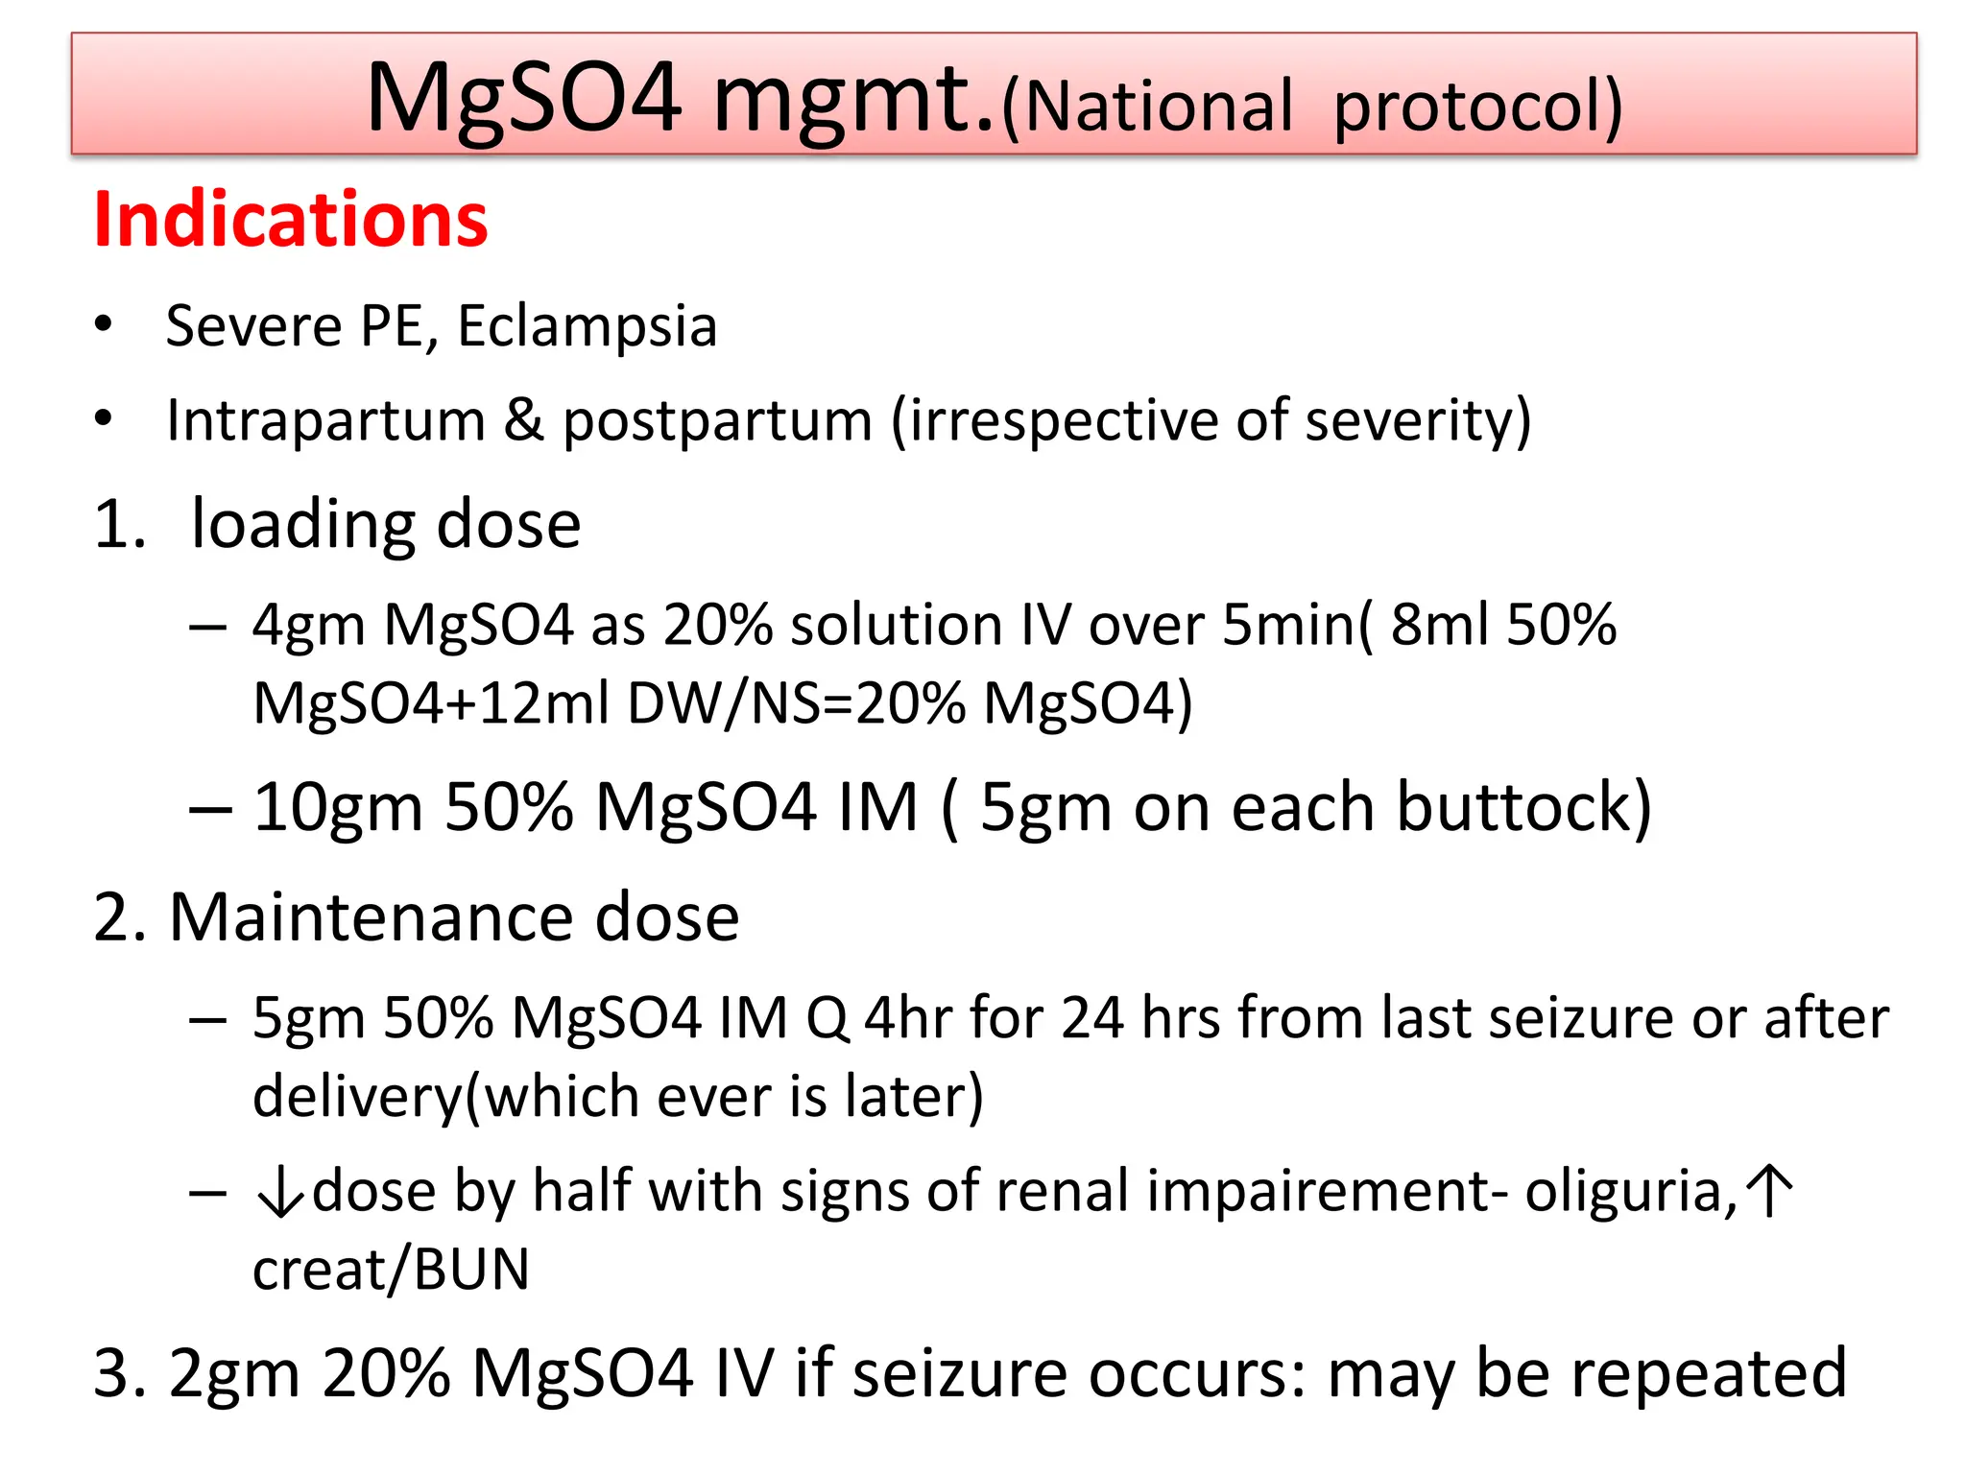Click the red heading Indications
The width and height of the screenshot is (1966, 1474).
(x=291, y=221)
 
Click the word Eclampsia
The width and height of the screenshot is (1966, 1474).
(x=587, y=326)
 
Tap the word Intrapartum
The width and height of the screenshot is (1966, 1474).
(x=325, y=420)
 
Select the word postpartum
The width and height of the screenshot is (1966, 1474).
(x=717, y=422)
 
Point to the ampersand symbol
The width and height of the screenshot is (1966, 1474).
(x=524, y=420)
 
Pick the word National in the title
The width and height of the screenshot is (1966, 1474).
(x=1148, y=106)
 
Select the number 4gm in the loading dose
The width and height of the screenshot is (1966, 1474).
(x=308, y=626)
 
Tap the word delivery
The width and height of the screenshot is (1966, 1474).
(x=358, y=1098)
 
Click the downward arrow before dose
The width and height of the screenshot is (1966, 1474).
(x=279, y=1194)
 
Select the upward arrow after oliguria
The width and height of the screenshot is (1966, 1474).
(x=1769, y=1191)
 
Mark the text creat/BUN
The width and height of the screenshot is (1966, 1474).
(x=391, y=1270)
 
